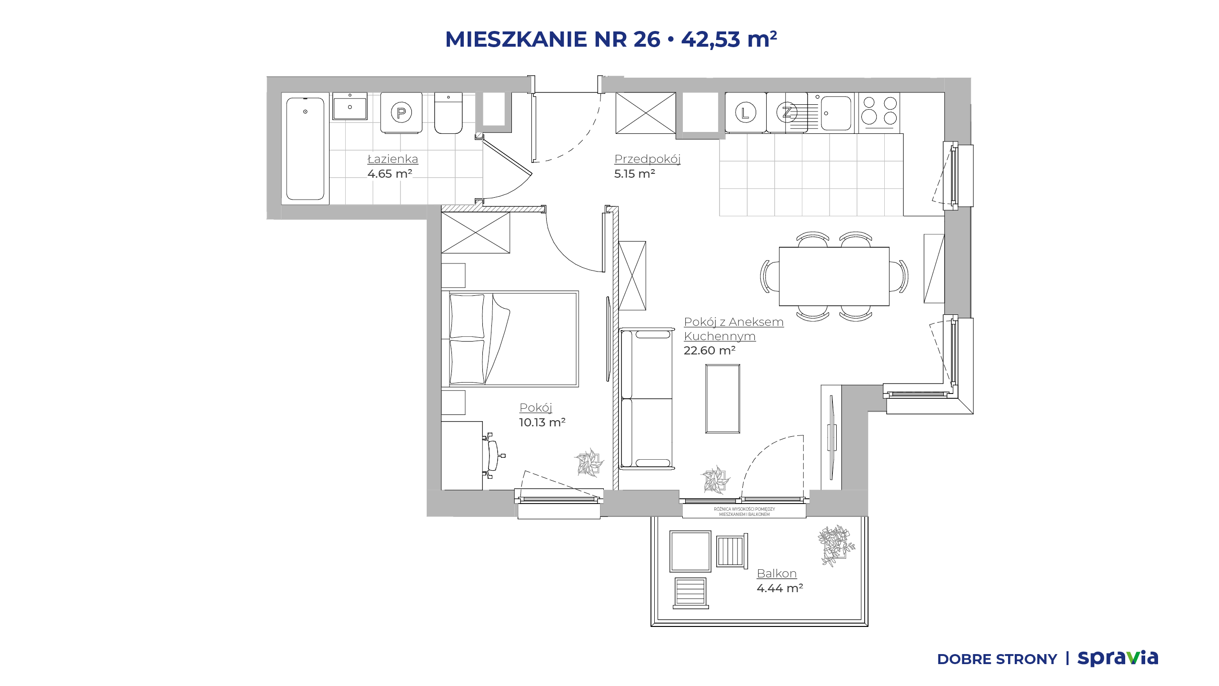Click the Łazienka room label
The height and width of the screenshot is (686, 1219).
coord(393,159)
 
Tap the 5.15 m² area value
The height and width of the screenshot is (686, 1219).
coord(634,173)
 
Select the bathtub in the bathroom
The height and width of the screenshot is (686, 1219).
coord(305,149)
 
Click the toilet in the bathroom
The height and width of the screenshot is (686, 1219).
coord(448,113)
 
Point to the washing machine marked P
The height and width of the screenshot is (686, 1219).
coord(401,112)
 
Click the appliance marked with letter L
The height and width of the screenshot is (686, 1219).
coord(746,112)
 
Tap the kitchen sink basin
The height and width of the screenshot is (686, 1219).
coord(836,113)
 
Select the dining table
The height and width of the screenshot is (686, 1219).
coord(834,276)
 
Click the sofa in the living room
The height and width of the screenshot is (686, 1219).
coord(647,398)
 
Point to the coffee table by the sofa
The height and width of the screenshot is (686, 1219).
coord(723,399)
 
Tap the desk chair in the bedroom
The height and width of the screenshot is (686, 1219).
coord(493,455)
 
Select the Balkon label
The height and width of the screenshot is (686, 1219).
coord(777,573)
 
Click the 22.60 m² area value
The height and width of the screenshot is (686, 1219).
coord(709,350)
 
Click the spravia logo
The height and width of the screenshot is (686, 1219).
coord(1118,658)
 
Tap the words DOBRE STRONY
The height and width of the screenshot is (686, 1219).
coord(997,659)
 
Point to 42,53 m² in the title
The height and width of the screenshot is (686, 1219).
coord(729,39)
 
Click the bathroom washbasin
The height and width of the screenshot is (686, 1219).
coord(350,107)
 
